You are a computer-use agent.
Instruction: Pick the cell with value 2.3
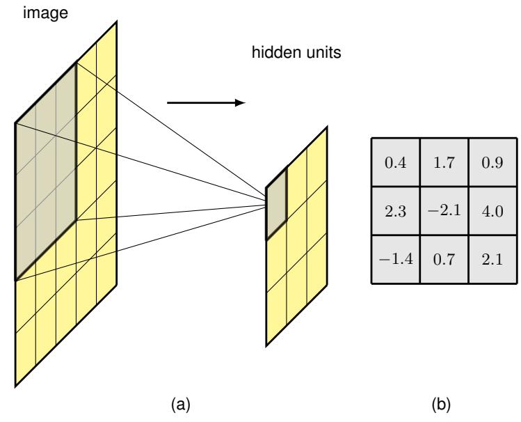pyautogui.click(x=394, y=210)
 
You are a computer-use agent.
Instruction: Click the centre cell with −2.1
pyautogui.click(x=443, y=210)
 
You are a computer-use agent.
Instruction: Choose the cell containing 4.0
pyautogui.click(x=492, y=210)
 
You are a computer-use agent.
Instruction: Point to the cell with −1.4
pyautogui.click(x=394, y=260)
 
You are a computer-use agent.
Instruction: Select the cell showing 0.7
pyautogui.click(x=443, y=260)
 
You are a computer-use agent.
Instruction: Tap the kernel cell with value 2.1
pyautogui.click(x=492, y=260)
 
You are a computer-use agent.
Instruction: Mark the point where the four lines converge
pyautogui.click(x=267, y=204)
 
